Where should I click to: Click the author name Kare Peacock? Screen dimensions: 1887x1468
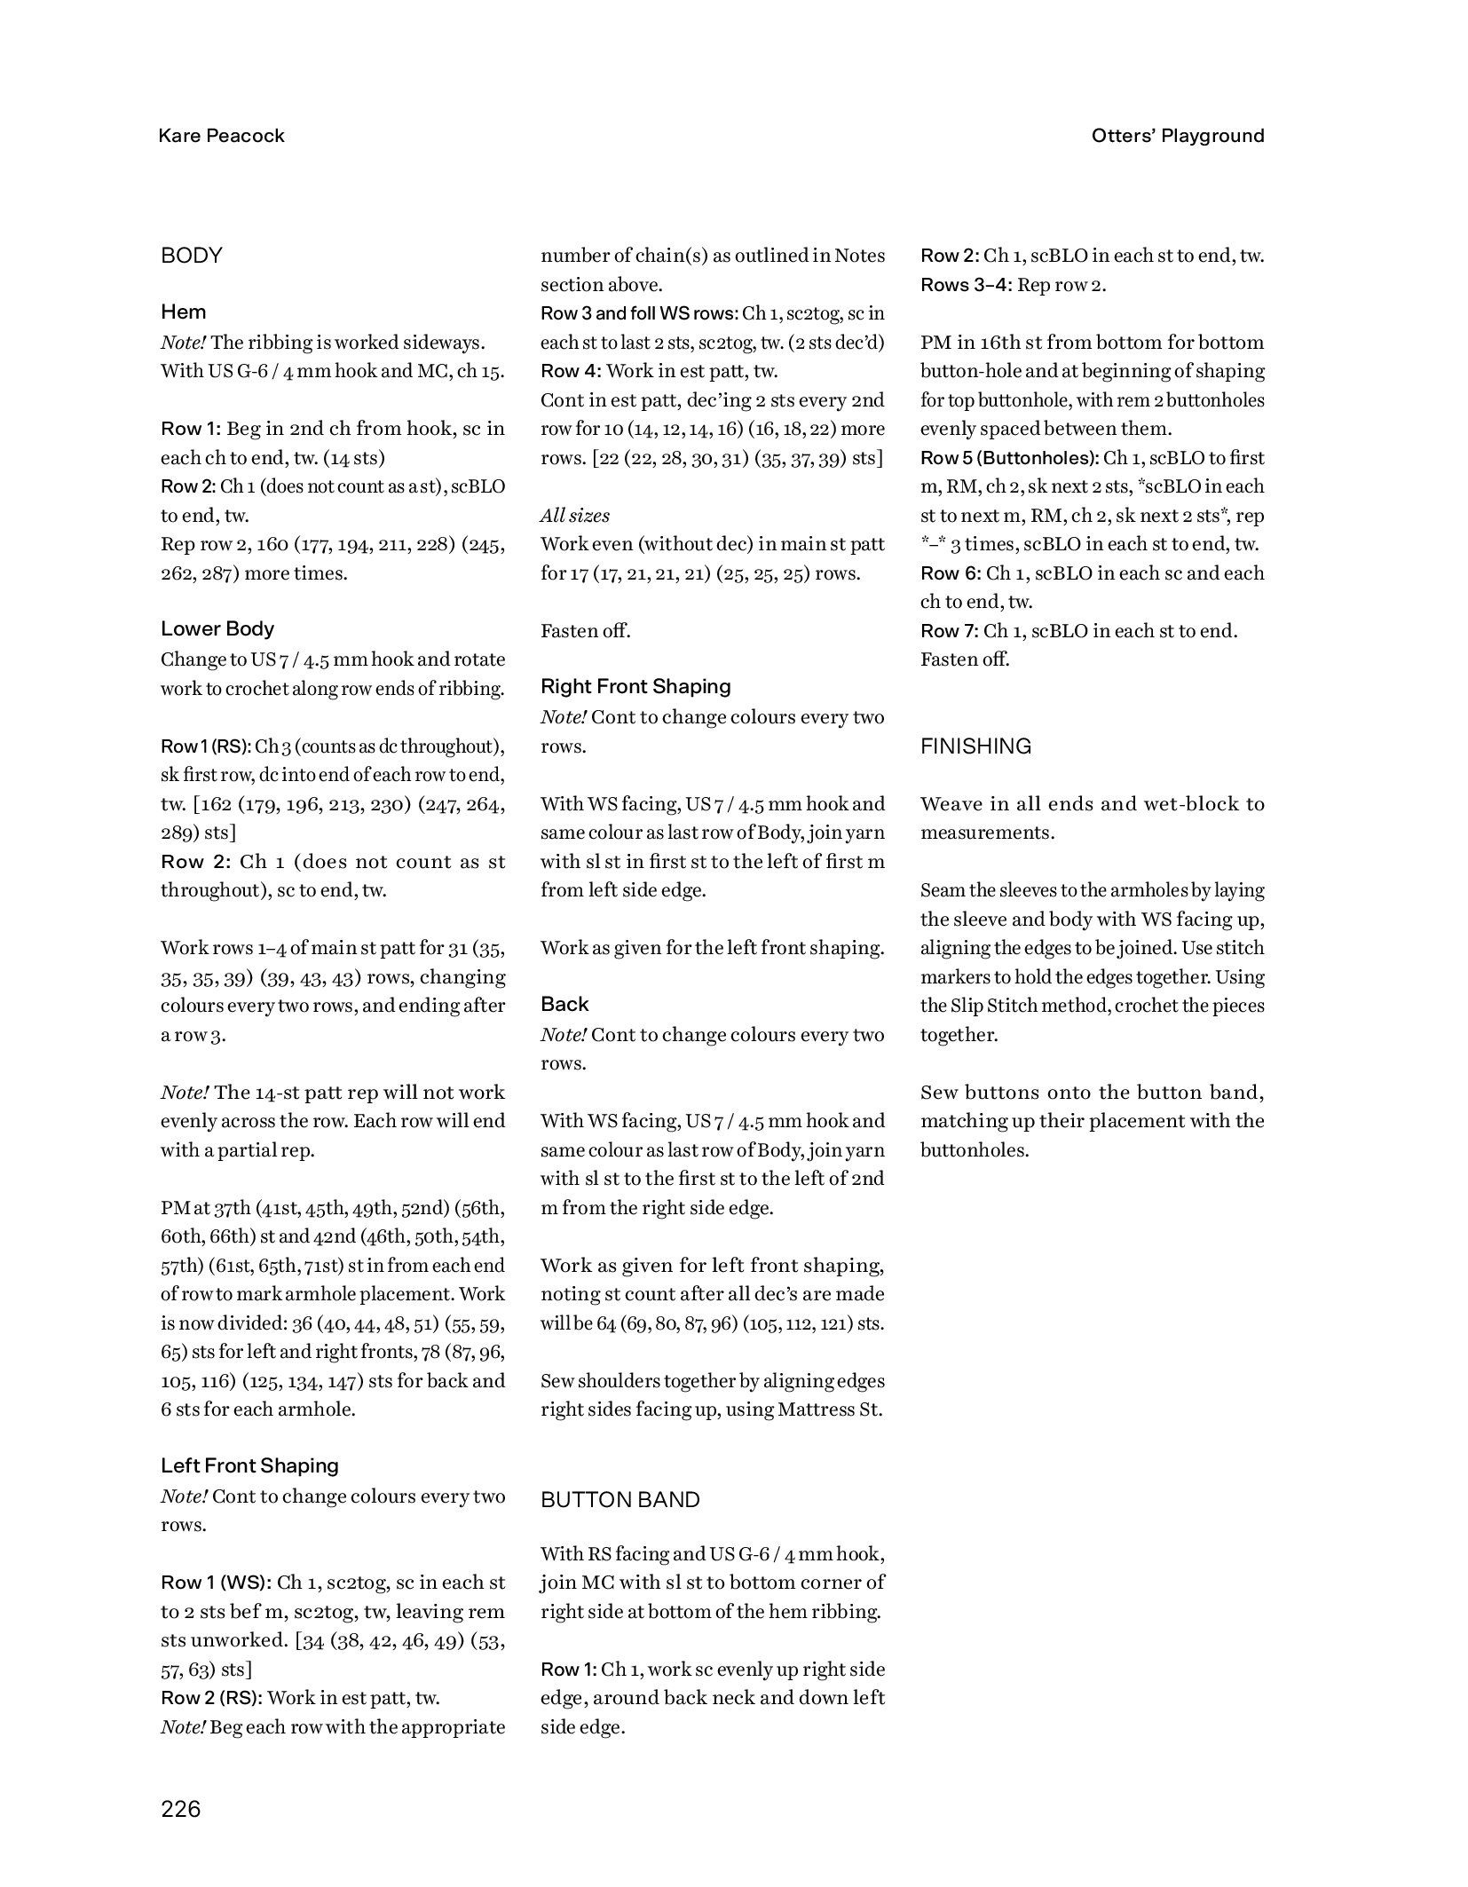221,136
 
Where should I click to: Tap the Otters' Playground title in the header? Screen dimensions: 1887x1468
1177,136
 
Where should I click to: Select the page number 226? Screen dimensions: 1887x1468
181,1808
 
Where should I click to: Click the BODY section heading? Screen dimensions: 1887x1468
191,256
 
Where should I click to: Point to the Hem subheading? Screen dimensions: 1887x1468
183,312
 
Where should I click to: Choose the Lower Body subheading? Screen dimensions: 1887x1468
217,628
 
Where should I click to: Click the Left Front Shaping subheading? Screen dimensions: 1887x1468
249,1465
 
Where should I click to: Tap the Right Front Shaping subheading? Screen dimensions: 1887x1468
635,686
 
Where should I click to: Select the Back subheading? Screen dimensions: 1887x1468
564,1004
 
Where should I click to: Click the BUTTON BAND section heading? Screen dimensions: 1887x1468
620,1499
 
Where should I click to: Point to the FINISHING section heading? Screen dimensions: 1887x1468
975,746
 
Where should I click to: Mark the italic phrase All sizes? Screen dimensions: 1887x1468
574,516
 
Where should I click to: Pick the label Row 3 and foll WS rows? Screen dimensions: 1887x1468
639,313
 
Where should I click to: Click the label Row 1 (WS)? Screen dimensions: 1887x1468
216,1582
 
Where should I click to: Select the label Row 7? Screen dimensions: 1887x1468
949,631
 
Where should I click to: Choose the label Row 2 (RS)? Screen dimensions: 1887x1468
211,1697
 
